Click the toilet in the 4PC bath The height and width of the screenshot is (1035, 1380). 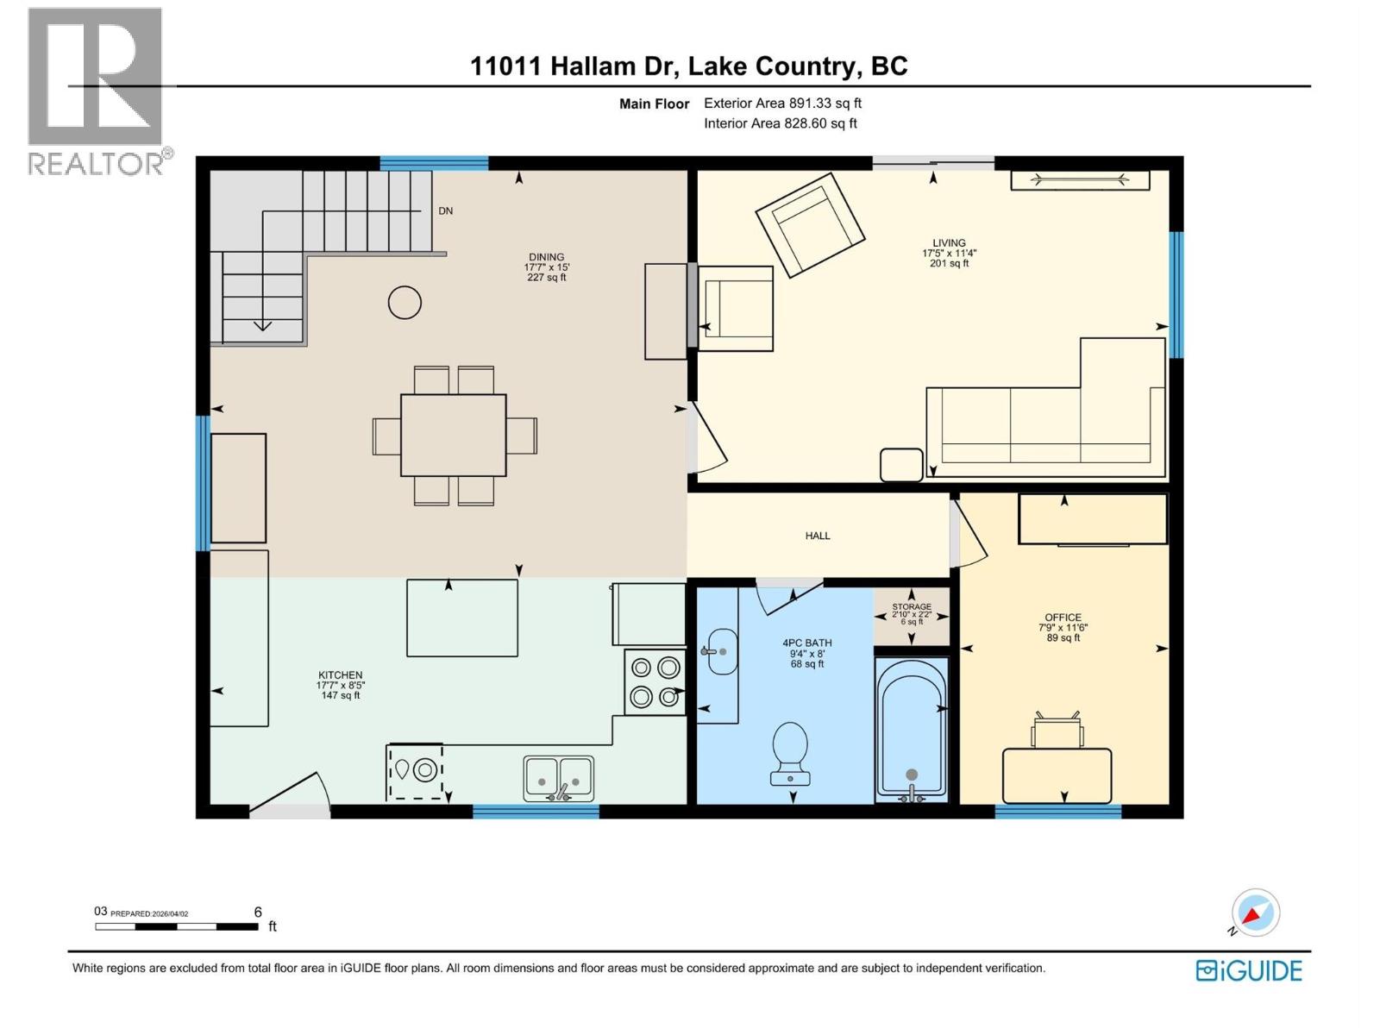click(x=789, y=753)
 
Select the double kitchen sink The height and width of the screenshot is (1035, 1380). click(x=558, y=778)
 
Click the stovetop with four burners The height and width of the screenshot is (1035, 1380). click(x=655, y=681)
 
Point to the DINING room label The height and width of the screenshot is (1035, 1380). click(x=546, y=257)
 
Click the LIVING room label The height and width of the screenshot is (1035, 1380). click(x=949, y=243)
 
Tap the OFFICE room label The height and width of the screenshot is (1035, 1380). click(x=1063, y=618)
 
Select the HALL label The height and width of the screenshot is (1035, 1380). click(x=817, y=536)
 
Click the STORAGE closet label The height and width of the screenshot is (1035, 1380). click(x=912, y=607)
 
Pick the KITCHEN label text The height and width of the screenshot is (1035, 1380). click(x=340, y=675)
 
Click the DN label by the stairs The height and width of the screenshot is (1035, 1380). click(x=445, y=211)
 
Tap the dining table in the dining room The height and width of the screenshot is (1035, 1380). click(x=453, y=435)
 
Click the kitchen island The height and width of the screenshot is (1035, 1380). click(x=462, y=618)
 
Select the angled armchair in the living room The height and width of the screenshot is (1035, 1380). click(x=810, y=223)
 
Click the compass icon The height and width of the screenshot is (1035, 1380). click(x=1255, y=913)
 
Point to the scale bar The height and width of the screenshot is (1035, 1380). click(x=177, y=926)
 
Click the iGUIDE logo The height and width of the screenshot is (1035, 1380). click(x=1248, y=970)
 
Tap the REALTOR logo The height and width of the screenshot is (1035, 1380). click(x=96, y=91)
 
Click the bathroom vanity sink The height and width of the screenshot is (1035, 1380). click(x=722, y=652)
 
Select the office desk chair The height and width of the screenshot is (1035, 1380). click(x=1057, y=731)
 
